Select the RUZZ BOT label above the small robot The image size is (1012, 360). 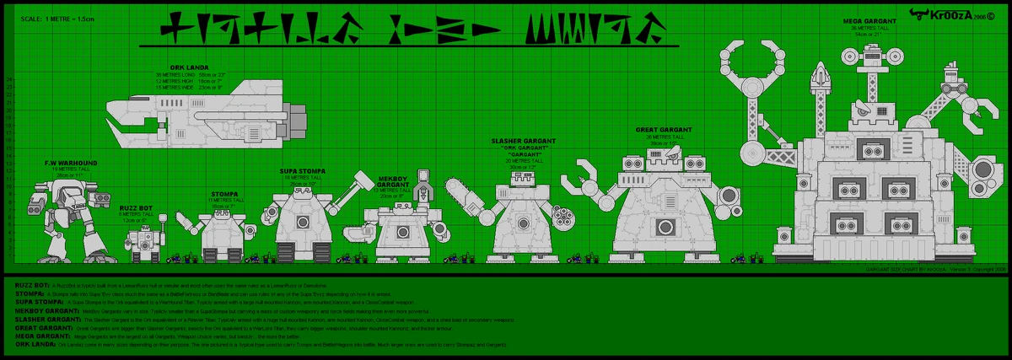point(135,207)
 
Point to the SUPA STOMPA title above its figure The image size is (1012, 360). point(301,171)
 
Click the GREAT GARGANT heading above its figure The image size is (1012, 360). point(664,130)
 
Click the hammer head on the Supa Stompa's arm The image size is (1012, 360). point(363,179)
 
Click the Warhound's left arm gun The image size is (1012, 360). point(40,205)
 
